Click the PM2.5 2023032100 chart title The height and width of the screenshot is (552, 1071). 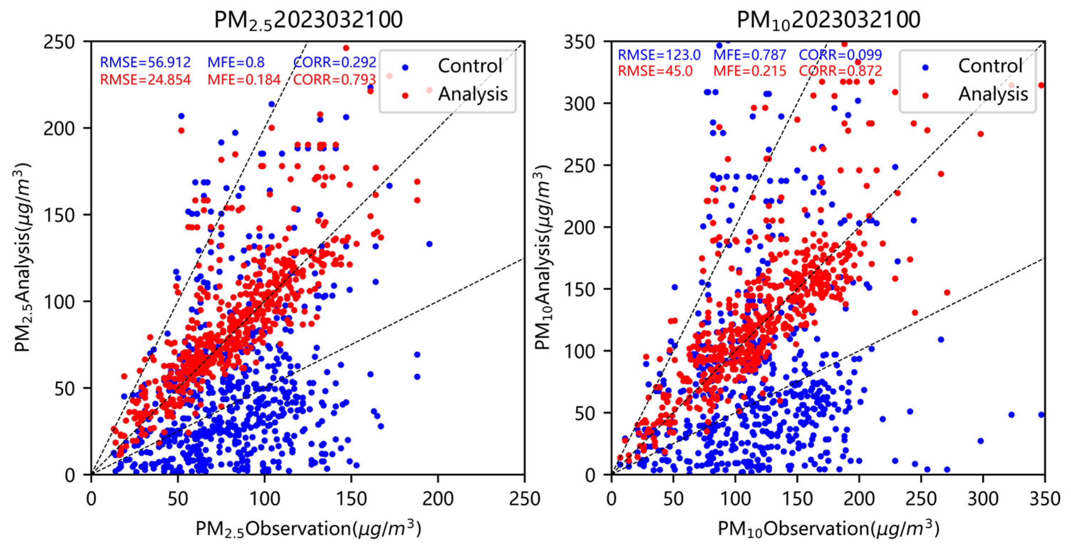coord(308,20)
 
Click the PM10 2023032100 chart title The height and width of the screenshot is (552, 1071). coord(828,20)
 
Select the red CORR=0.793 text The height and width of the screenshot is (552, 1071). coord(335,79)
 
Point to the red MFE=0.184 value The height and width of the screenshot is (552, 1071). coord(244,79)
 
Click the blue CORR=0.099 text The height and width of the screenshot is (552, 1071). coord(840,55)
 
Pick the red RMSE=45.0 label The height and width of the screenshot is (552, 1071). coord(655,71)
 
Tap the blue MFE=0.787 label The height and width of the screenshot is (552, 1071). coord(750,55)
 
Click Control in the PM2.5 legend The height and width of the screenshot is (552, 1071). coord(470,66)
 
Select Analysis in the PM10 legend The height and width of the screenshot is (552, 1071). coord(993,94)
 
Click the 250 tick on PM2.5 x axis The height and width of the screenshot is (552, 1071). coord(524,498)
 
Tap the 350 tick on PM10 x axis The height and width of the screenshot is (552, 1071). coord(1044,498)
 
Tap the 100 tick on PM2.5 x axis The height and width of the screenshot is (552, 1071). coord(264,498)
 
